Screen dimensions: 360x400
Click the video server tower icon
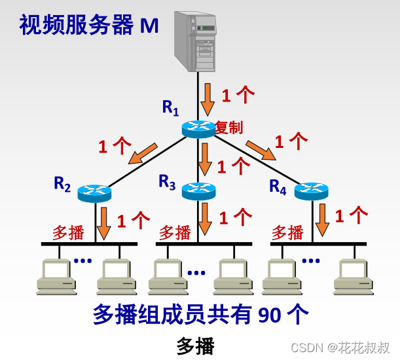[x=196, y=41]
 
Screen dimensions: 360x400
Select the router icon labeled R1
[x=198, y=128]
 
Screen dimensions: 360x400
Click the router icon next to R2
[x=94, y=192]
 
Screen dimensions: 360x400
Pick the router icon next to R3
[x=198, y=190]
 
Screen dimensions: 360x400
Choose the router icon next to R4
[x=310, y=190]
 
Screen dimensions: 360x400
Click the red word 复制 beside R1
[x=228, y=127]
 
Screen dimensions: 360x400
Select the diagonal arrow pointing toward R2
[x=142, y=152]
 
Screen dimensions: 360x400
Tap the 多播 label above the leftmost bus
[x=69, y=232]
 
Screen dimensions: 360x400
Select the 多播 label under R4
[x=287, y=232]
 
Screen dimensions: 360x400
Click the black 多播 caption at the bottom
[x=195, y=346]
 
